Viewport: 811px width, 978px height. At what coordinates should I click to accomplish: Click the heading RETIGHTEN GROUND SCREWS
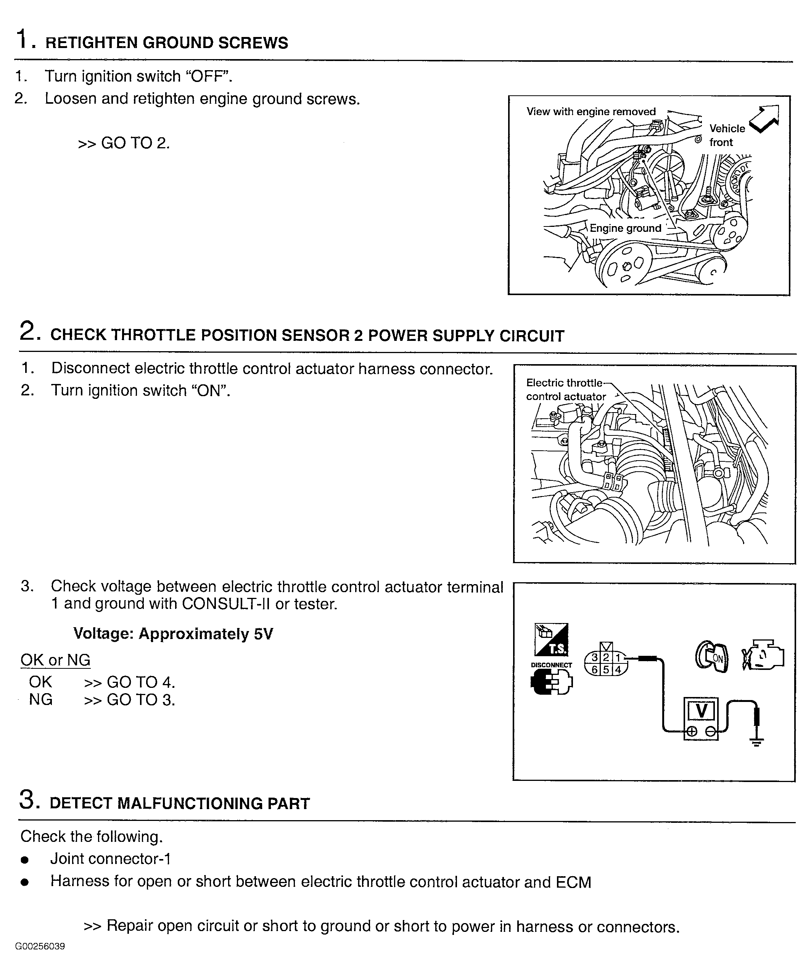point(166,43)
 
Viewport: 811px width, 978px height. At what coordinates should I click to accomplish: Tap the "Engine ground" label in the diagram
point(625,228)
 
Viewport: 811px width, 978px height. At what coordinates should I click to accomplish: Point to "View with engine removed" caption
point(591,112)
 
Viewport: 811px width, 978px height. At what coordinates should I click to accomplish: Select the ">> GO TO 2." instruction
point(124,143)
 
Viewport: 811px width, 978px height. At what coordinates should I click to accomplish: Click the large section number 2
point(27,332)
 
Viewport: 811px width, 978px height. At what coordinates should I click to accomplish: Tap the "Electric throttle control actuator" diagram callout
point(565,390)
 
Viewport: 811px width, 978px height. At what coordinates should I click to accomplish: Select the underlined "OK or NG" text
point(55,660)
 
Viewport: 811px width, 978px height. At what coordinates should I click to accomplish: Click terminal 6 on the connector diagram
point(594,670)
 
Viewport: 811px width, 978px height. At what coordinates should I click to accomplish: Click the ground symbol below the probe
point(756,742)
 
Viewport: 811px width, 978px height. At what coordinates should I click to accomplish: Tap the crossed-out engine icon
point(763,656)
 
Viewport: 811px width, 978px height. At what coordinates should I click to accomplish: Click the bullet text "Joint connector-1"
point(110,859)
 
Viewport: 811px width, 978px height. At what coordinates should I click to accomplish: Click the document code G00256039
point(40,946)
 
